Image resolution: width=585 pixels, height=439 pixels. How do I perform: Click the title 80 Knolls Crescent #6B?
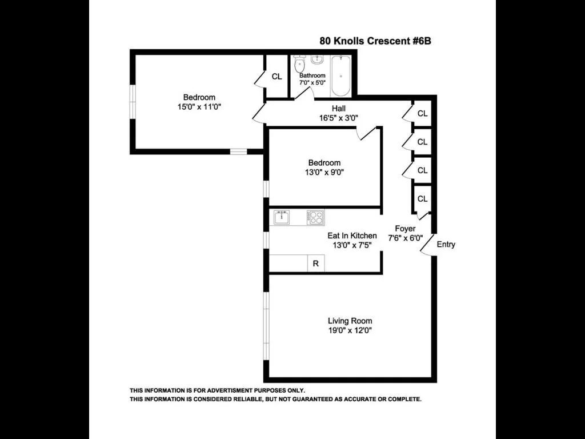point(379,41)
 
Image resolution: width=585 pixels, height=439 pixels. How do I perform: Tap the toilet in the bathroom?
point(299,65)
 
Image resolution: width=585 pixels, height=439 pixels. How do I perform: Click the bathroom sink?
point(318,60)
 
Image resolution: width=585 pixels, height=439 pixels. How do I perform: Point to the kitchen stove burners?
point(315,218)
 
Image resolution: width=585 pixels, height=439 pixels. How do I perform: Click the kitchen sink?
point(281,218)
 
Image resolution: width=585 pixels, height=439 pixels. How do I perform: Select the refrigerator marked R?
point(315,264)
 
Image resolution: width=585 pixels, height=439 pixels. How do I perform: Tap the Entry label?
point(446,245)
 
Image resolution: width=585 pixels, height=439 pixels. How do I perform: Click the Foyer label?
point(405,229)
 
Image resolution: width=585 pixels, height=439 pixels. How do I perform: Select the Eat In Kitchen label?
point(352,236)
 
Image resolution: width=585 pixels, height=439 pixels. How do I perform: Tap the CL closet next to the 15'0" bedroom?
point(277,77)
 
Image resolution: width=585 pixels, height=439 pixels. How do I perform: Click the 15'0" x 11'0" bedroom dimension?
point(199,107)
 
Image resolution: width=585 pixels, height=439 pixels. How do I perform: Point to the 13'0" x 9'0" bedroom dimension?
point(324,172)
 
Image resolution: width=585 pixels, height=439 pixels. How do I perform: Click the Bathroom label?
point(312,75)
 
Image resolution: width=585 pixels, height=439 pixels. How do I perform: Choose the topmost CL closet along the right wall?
point(422,113)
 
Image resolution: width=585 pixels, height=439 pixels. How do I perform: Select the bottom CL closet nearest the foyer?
point(422,199)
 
